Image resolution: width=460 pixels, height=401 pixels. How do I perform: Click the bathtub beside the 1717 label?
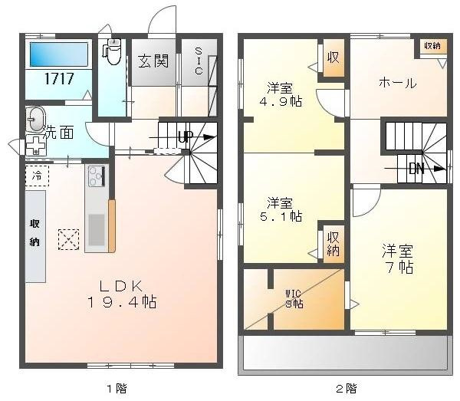click(x=59, y=54)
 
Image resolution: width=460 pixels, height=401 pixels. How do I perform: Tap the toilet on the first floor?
click(x=112, y=52)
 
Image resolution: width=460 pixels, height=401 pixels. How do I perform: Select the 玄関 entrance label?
click(x=153, y=61)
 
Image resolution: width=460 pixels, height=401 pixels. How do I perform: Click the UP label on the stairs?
click(x=185, y=137)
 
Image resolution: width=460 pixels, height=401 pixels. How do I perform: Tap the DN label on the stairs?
click(x=416, y=169)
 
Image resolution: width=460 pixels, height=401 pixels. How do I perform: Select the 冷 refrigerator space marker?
click(x=37, y=176)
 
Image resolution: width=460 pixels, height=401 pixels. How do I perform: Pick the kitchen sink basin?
click(x=97, y=228)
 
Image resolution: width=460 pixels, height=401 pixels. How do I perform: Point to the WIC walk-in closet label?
click(x=294, y=297)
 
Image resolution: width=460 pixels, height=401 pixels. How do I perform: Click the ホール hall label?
click(x=397, y=83)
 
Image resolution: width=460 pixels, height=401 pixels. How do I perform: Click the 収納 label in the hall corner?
click(x=432, y=46)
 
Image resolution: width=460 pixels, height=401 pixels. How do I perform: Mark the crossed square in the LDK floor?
click(x=68, y=239)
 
